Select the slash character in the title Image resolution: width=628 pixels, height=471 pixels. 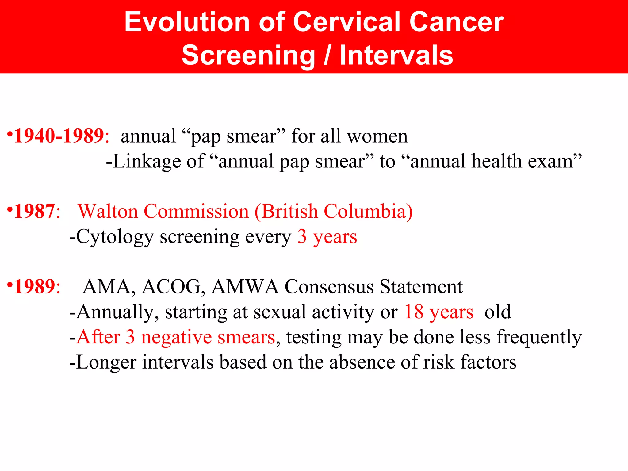(x=327, y=56)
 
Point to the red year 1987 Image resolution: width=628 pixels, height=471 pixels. (x=34, y=212)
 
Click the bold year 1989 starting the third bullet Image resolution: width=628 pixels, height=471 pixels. (x=34, y=287)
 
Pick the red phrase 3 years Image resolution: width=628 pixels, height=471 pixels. (x=327, y=237)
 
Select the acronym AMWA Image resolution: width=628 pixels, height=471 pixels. (x=245, y=287)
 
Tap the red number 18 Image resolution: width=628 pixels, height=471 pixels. (x=414, y=312)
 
